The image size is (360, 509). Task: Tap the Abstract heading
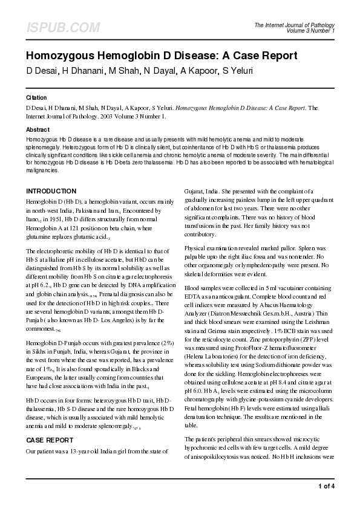tap(38, 130)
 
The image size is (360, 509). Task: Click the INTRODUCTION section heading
tap(51, 191)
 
